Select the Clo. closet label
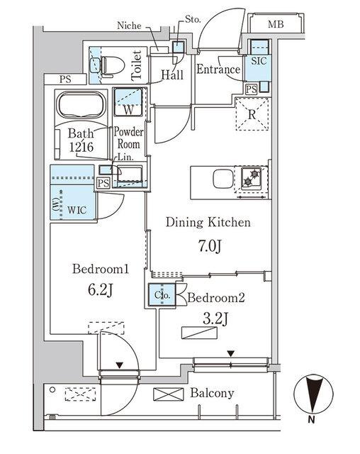[160, 294]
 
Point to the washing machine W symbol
[129, 109]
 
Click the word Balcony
[213, 393]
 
